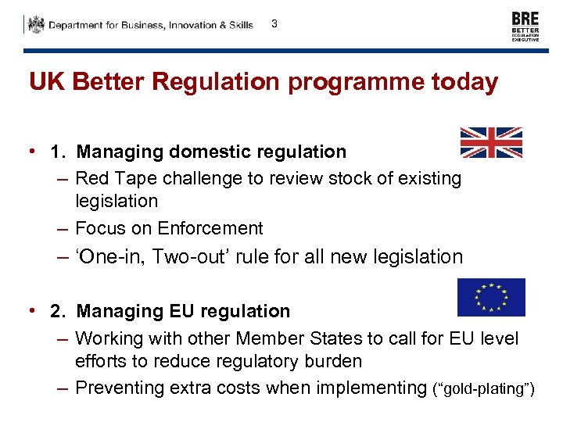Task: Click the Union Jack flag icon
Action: click(x=490, y=143)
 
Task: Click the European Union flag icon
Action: click(x=491, y=298)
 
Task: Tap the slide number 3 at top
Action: click(x=274, y=23)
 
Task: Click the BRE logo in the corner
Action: click(x=525, y=27)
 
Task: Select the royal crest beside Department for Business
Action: click(x=36, y=25)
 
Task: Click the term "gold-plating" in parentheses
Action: click(x=483, y=389)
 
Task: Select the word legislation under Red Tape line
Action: click(x=117, y=201)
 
